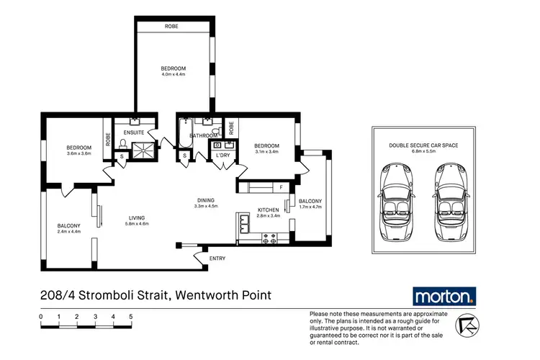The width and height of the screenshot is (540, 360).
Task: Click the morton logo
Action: [x=444, y=296]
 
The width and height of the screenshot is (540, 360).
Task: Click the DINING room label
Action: [x=206, y=200]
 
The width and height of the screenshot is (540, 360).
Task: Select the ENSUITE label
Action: [x=134, y=133]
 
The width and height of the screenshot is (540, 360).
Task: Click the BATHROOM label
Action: [x=203, y=135]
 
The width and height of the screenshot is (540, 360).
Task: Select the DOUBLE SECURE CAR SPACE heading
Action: [x=423, y=145]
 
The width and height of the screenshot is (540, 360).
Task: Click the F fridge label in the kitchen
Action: [x=282, y=188]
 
